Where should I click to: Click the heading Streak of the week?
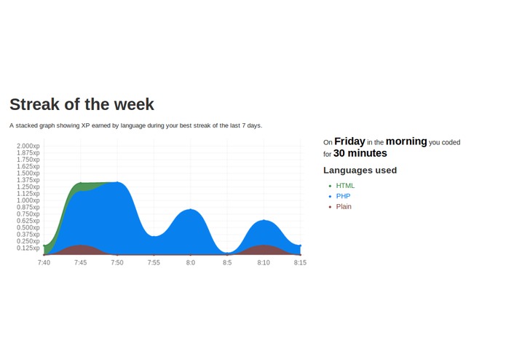[82, 104]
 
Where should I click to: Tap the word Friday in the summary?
[349, 141]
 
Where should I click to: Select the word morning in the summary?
[406, 141]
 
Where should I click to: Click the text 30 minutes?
[360, 154]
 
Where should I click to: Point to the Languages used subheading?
[360, 171]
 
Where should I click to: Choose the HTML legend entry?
[345, 186]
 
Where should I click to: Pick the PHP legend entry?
[343, 196]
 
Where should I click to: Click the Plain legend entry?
[344, 207]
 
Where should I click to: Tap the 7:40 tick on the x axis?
[44, 262]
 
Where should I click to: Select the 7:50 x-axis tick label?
[116, 262]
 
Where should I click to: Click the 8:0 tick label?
[190, 262]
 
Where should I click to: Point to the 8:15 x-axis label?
[299, 262]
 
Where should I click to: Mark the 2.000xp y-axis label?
[28, 146]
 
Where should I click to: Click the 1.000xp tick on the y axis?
[28, 200]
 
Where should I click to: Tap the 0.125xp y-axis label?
[28, 248]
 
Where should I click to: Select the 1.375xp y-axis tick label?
[28, 180]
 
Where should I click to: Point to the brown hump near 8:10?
[263, 250]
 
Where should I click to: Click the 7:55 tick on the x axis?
[154, 262]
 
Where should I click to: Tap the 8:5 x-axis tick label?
[226, 262]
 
